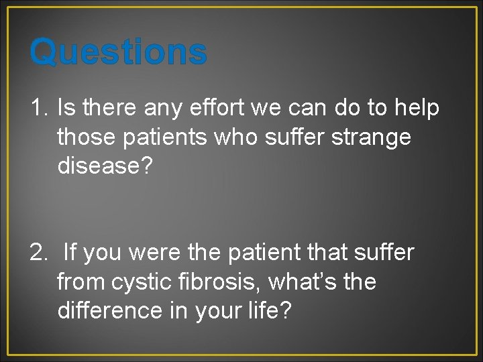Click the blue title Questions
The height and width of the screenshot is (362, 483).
(x=118, y=52)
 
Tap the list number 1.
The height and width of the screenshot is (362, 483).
(x=39, y=107)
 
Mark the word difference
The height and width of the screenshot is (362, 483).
(x=108, y=312)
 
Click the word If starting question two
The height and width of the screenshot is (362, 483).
(x=70, y=253)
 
